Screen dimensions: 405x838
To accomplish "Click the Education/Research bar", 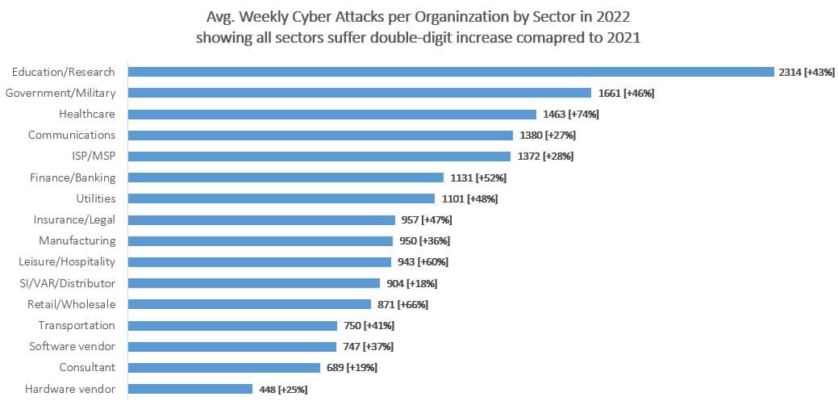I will click(451, 72).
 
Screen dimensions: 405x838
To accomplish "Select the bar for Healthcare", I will click(332, 115).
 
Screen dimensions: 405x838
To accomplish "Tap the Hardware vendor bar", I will click(190, 389).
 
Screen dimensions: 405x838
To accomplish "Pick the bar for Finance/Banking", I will click(286, 177).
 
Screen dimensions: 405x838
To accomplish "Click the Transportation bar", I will click(233, 325).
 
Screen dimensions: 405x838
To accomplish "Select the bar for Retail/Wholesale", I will click(250, 304).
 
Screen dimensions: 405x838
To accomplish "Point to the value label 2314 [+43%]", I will click(806, 72).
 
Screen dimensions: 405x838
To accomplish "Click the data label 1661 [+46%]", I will click(626, 93).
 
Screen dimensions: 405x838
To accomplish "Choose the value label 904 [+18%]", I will click(413, 283).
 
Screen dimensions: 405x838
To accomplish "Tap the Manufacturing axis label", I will click(77, 240).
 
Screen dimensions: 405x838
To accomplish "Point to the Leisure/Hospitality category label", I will click(67, 261).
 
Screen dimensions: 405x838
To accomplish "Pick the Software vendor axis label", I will click(73, 346).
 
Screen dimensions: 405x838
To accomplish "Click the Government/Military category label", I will click(60, 93).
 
